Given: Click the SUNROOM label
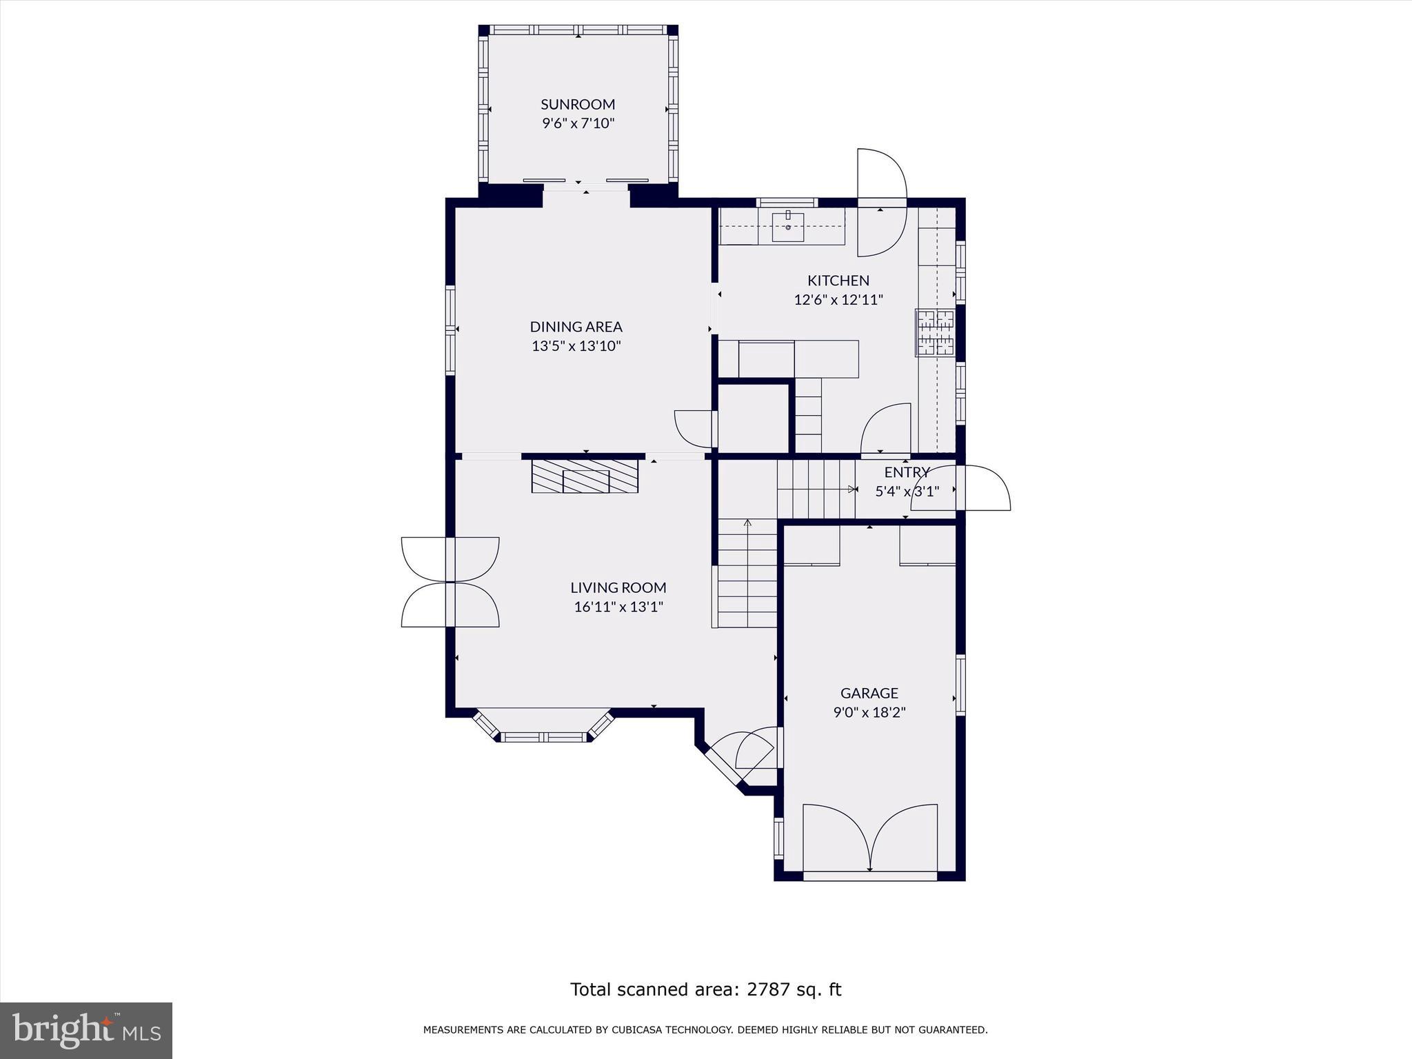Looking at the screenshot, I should pos(577,104).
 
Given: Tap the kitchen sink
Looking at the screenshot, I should pos(787,227).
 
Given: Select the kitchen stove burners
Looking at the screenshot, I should pos(935,333).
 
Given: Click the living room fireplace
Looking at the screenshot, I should pos(585,476).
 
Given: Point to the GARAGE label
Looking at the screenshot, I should pos(869,693).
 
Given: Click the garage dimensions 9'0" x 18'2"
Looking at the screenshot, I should pos(869,712).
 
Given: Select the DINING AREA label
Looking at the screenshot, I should pos(576,327).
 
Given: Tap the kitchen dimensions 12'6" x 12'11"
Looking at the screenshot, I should pos(838,300).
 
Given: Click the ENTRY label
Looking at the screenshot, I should pos(907,472).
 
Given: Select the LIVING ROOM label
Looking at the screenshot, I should pos(618,587).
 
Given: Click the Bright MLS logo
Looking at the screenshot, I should pos(86,1030).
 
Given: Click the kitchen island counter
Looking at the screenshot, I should pos(798,359).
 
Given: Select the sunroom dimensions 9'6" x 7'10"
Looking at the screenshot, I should pos(577,123).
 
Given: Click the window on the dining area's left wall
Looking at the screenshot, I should pos(450,330).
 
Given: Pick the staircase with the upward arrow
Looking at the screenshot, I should pos(747,572).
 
